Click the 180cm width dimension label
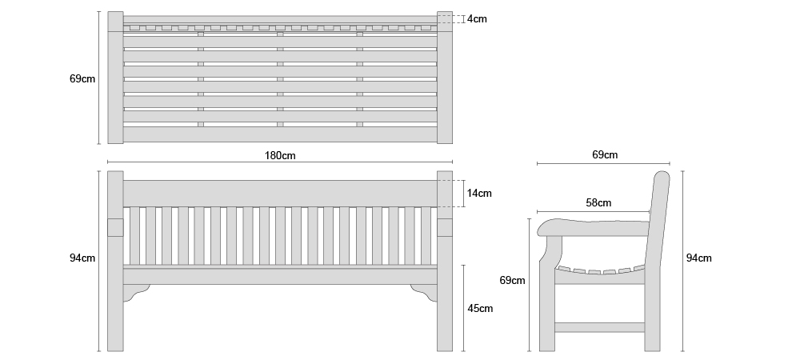(x=280, y=155)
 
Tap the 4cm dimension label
(x=477, y=19)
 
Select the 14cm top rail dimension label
(x=479, y=194)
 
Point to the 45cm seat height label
(x=480, y=308)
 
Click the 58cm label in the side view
(x=598, y=203)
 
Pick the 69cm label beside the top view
(x=82, y=78)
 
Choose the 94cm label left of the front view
(x=82, y=258)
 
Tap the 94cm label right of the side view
(x=698, y=258)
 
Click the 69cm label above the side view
(x=605, y=155)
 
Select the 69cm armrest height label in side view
(x=512, y=280)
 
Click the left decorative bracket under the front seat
(x=136, y=292)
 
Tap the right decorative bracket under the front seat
(x=424, y=292)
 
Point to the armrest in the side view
(x=593, y=227)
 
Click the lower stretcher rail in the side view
(x=599, y=327)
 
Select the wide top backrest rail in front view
(x=280, y=194)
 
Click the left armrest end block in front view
(x=115, y=227)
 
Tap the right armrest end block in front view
(x=445, y=227)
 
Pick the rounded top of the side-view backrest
(x=662, y=176)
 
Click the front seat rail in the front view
(x=280, y=276)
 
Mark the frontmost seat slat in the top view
(x=280, y=134)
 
